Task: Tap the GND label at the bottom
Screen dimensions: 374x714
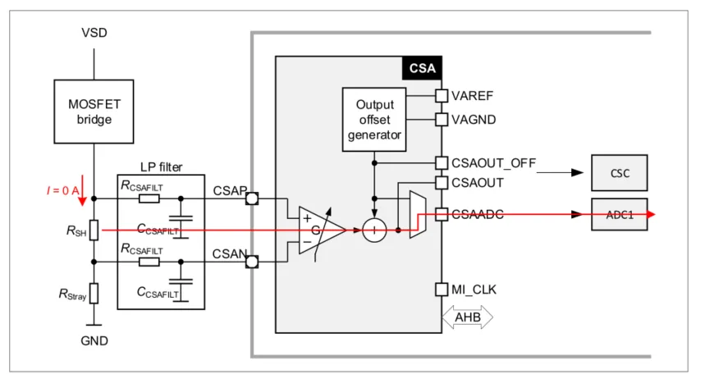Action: click(x=94, y=340)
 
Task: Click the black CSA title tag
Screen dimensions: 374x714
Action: click(x=422, y=68)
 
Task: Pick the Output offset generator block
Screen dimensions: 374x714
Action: click(x=374, y=120)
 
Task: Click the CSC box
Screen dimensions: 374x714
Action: click(x=620, y=173)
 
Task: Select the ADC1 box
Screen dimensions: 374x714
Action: click(x=620, y=214)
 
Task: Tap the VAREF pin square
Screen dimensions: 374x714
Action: click(x=442, y=96)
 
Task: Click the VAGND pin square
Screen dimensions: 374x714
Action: click(x=442, y=120)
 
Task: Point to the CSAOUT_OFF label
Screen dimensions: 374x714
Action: click(x=493, y=162)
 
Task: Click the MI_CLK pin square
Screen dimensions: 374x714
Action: click(x=442, y=290)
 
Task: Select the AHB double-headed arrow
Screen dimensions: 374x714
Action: click(x=467, y=316)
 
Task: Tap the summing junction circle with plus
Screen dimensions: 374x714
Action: click(x=374, y=230)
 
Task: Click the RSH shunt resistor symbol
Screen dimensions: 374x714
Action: click(x=94, y=230)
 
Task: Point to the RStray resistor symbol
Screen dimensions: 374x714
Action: click(x=94, y=293)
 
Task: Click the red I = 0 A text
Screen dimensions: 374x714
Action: click(x=62, y=190)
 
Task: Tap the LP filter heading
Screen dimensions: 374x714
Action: click(x=161, y=166)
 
